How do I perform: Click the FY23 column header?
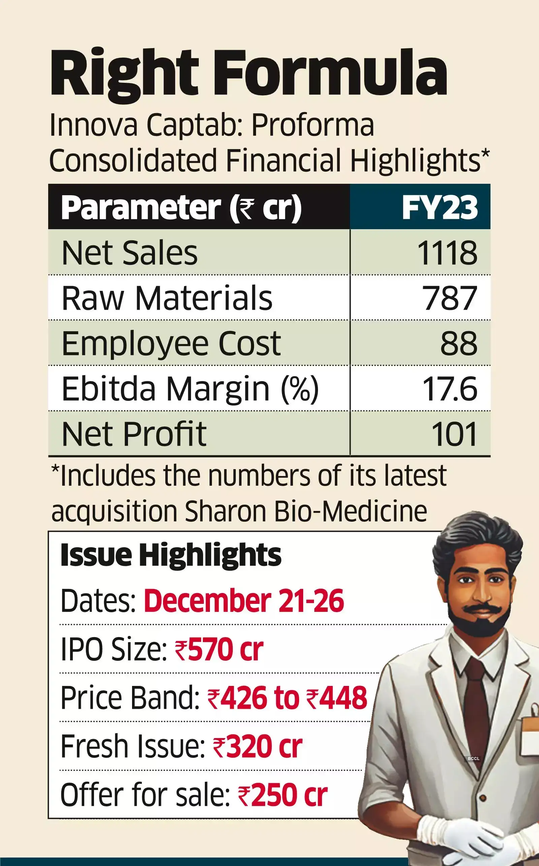click(x=439, y=207)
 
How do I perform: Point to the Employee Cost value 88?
click(x=458, y=343)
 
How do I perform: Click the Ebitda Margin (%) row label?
click(x=190, y=388)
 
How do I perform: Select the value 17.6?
click(x=450, y=388)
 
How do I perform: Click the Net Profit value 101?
click(x=454, y=434)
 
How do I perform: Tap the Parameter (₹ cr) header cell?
click(x=181, y=207)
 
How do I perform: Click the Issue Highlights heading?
click(x=171, y=555)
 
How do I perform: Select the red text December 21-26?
click(x=244, y=601)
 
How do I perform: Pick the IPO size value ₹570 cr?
click(x=219, y=649)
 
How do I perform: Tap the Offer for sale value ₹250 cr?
click(x=282, y=795)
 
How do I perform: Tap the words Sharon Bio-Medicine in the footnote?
click(x=306, y=512)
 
